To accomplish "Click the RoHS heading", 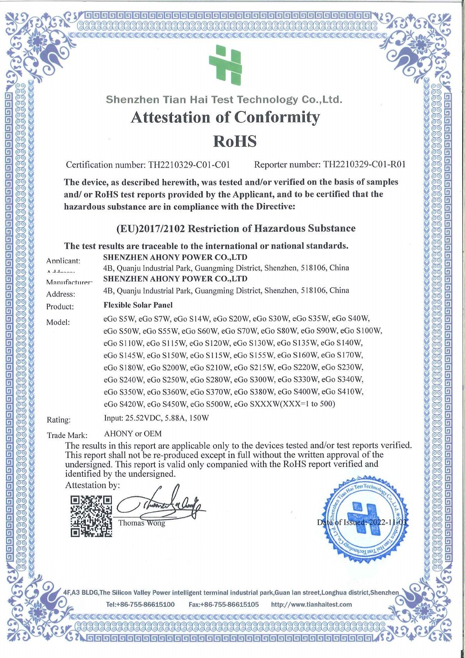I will (x=234, y=141).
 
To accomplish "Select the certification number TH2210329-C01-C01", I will (x=189, y=165).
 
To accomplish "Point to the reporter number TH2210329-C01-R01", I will (x=364, y=164).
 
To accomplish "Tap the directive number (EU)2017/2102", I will (x=151, y=229).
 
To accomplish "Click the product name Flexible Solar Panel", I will (x=138, y=305).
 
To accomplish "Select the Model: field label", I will (x=58, y=322).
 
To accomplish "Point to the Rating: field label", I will (x=59, y=420).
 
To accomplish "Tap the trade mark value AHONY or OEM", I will (x=133, y=434).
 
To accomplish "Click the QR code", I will (x=91, y=516).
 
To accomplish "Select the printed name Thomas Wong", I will (x=141, y=523).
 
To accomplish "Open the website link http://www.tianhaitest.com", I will (x=311, y=604).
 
